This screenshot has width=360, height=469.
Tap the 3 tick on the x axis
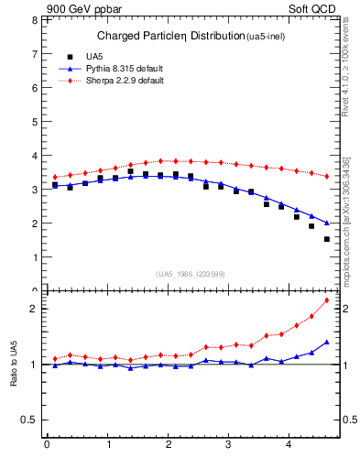coord(229,446)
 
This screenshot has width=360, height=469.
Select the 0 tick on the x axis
coord(47,446)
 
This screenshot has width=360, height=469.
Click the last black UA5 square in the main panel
coord(327,239)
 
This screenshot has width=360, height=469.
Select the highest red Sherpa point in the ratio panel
coord(327,300)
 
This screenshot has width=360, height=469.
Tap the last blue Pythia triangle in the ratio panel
coord(327,343)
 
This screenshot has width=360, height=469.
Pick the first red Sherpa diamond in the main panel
coord(55,177)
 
